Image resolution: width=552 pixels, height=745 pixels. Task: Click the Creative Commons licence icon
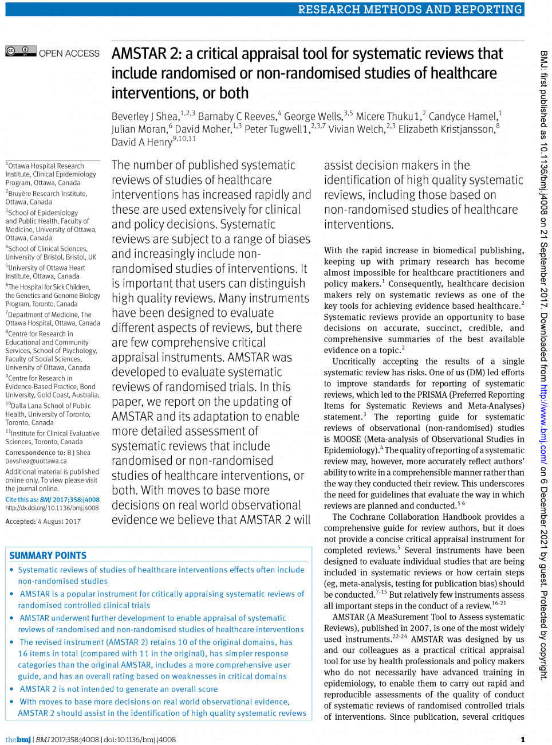21,51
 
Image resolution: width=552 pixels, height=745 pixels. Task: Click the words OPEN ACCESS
69,53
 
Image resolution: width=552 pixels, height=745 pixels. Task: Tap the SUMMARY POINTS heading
48,555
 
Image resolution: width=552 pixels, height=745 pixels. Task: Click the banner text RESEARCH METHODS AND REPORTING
409,9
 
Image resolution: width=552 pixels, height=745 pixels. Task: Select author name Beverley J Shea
145,116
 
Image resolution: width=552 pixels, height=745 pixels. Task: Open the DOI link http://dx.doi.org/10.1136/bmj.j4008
52,508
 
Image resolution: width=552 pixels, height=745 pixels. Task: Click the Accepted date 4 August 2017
59,521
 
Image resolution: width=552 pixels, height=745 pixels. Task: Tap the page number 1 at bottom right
522,739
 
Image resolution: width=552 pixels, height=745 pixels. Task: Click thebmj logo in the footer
18,739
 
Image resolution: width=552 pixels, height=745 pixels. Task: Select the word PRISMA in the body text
431,395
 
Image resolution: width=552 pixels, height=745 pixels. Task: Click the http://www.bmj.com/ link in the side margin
543,422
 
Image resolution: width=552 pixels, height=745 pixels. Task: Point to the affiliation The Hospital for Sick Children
49,287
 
